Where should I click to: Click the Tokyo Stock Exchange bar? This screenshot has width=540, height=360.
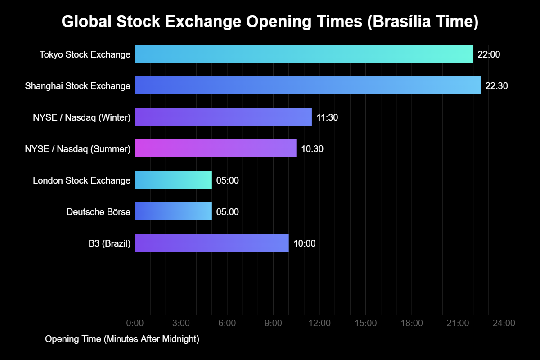point(304,54)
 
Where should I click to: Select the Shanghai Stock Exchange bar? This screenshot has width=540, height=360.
point(308,85)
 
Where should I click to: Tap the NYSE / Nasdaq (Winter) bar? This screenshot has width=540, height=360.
point(223,117)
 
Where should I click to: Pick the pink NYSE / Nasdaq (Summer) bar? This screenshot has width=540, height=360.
point(216,148)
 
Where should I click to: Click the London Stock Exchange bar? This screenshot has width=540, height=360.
point(173,180)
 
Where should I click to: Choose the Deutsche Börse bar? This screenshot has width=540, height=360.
point(173,211)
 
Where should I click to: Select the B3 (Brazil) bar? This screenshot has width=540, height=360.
point(211,243)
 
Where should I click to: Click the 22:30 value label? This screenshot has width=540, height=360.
point(496,86)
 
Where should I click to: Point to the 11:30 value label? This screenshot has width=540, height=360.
point(327,117)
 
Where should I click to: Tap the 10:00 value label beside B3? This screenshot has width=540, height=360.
point(304,243)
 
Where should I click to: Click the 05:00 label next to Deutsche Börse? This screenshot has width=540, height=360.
point(227,212)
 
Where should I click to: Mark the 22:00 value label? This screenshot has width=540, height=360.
point(489,54)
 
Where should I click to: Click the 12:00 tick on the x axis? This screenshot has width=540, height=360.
point(319,323)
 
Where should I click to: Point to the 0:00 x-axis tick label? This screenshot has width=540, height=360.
point(135,323)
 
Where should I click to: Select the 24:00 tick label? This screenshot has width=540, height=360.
point(504,323)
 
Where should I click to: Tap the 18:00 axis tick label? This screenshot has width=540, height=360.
point(412,323)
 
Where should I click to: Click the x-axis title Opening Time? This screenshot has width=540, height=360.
point(122,339)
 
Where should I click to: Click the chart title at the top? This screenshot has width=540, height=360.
point(270,22)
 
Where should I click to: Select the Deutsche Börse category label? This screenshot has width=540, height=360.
point(99,212)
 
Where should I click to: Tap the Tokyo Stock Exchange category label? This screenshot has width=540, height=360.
point(85,54)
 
